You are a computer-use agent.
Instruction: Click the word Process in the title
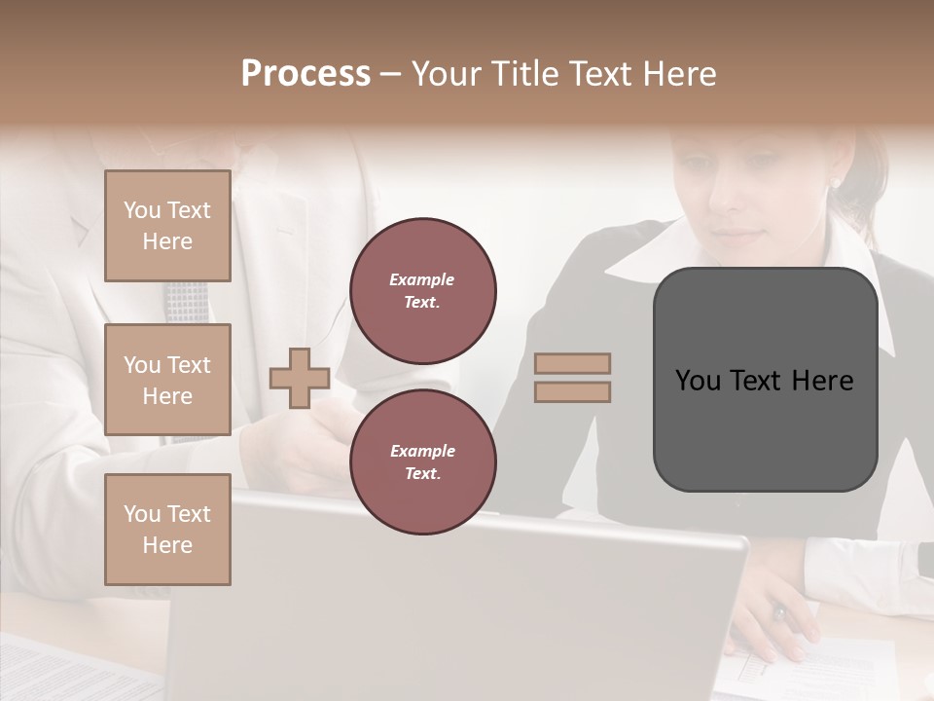tap(305, 74)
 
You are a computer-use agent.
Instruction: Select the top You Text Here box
tap(167, 226)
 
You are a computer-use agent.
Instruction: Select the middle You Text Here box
tap(167, 380)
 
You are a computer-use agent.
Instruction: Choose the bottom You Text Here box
tap(167, 529)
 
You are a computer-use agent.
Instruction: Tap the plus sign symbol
tap(300, 378)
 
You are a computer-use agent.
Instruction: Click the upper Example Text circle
tap(422, 290)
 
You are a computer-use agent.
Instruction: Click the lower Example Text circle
tap(422, 461)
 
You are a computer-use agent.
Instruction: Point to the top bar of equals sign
tap(572, 364)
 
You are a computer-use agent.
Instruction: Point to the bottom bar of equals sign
tap(572, 392)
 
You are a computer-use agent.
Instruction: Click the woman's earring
tap(834, 182)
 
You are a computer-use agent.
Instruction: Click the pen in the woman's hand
tap(779, 613)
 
